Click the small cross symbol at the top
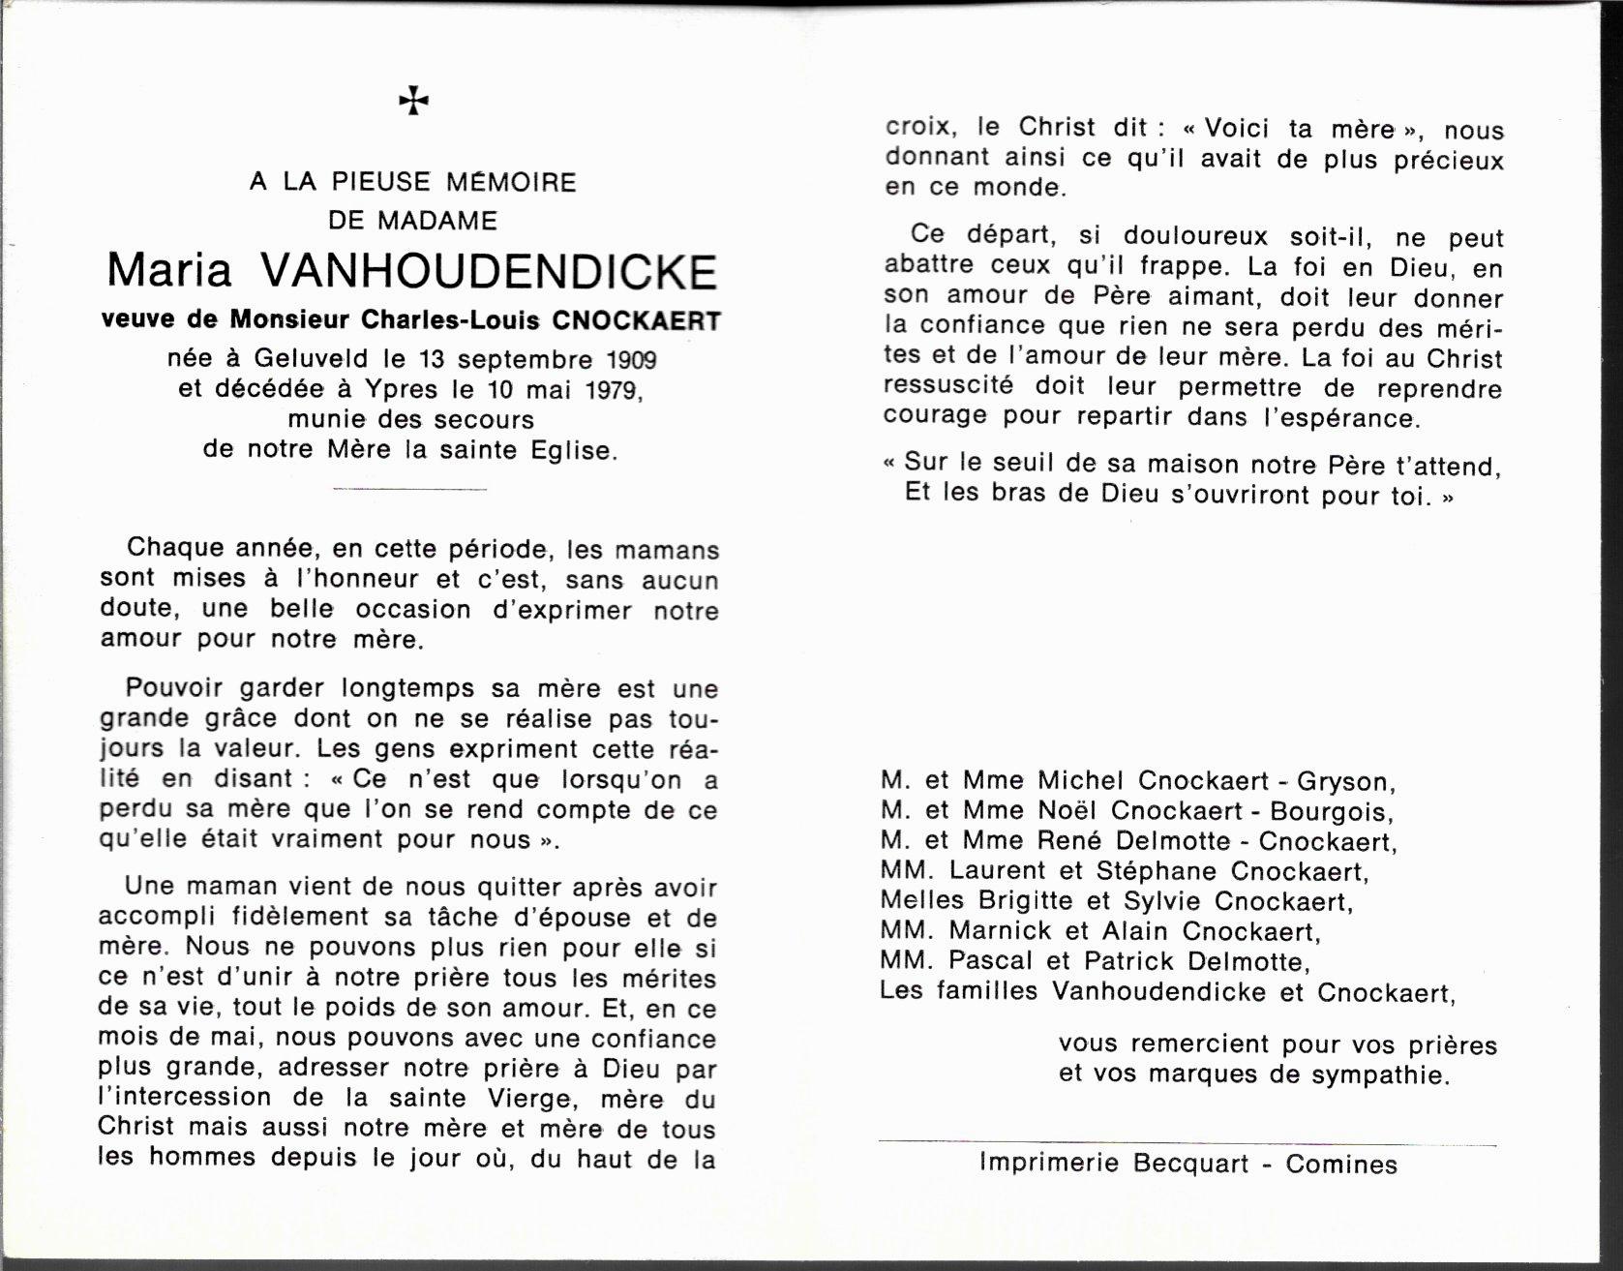[x=413, y=101]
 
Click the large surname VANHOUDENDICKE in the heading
[x=489, y=272]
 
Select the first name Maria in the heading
[x=169, y=272]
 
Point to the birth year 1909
[x=631, y=360]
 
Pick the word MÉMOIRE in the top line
[x=510, y=182]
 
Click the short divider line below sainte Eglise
[x=409, y=489]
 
